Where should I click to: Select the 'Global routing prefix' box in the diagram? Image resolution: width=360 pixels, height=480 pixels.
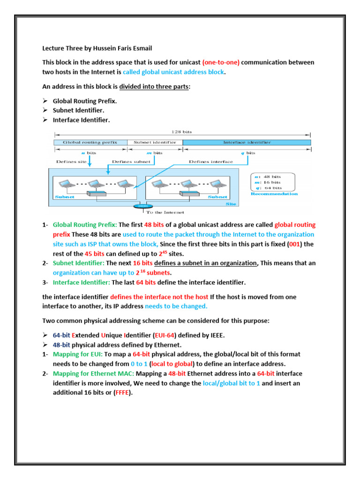(90, 142)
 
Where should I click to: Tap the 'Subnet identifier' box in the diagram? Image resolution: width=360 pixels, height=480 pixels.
(155, 142)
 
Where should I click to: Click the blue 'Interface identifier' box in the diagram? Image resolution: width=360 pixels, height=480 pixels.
(247, 142)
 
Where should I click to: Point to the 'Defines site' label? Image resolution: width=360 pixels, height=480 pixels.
(71, 162)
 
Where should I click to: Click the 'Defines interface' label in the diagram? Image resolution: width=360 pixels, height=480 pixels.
(210, 162)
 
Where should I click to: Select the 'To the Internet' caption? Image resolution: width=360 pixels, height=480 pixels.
(159, 212)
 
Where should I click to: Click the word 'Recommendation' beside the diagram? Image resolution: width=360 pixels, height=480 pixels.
(274, 194)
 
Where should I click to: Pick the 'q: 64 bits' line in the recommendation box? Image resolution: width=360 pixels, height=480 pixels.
(269, 188)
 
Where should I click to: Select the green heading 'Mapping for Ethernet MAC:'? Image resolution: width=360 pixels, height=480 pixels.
(87, 374)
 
